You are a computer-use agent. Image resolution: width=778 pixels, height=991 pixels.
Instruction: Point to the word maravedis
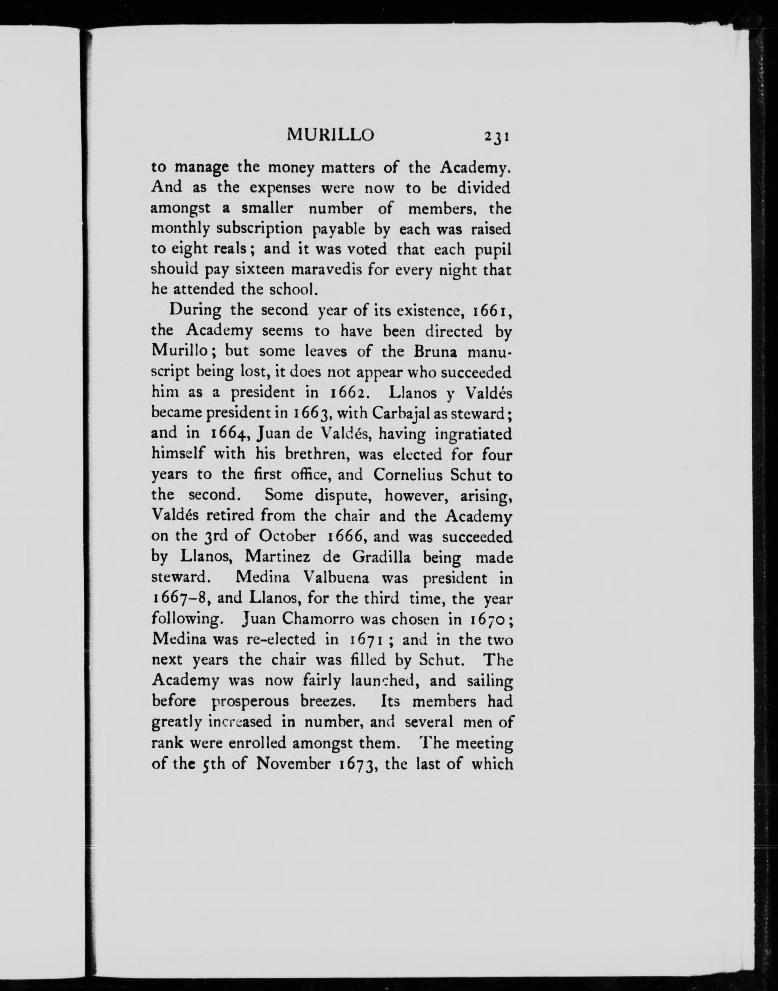(326, 269)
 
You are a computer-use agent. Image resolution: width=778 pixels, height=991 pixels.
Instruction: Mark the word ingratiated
(474, 434)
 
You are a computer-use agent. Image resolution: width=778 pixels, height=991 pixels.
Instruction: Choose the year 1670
(485, 619)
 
